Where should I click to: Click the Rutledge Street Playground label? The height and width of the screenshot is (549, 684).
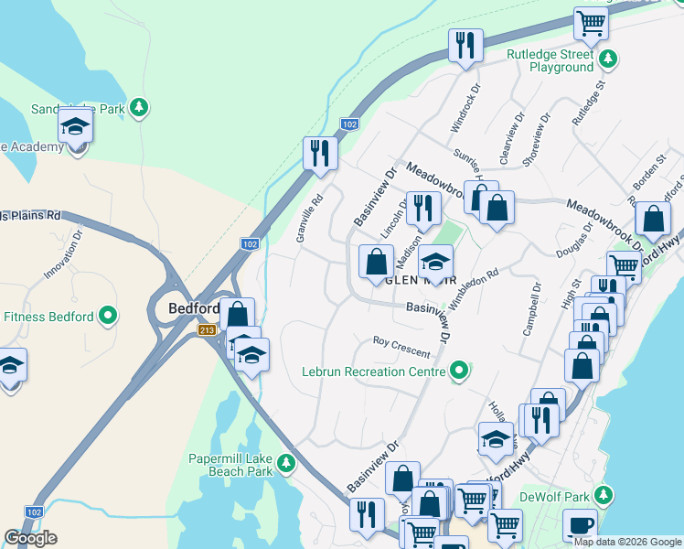[x=550, y=60]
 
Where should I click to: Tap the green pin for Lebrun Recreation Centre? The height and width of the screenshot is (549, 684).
[x=459, y=371]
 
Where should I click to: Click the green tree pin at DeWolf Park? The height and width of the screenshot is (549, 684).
[x=603, y=497]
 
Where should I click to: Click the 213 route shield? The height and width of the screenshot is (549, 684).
[x=208, y=329]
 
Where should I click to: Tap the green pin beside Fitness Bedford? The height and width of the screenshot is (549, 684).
[x=109, y=318]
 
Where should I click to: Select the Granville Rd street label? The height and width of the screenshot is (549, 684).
[x=309, y=218]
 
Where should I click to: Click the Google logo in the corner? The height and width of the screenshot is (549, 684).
[x=30, y=538]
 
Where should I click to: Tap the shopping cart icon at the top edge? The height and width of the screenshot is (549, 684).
[x=592, y=22]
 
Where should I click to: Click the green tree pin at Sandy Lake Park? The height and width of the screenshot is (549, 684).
[x=138, y=108]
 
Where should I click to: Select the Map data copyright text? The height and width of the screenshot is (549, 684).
[x=628, y=541]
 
